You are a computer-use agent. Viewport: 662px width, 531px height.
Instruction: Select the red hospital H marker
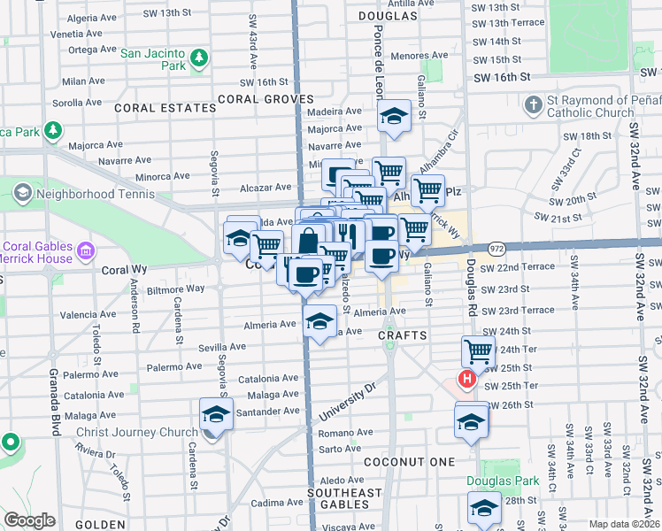466,381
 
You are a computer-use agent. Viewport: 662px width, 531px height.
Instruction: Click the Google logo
29,520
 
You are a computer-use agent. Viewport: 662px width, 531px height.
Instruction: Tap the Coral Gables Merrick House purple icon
87,252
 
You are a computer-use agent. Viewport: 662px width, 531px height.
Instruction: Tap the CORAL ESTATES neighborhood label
178,108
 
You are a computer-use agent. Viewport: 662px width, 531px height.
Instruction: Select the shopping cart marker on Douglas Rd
478,350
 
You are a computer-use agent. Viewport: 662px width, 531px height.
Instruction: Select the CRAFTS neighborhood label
403,336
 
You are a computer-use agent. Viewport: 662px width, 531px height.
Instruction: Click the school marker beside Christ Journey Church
216,414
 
